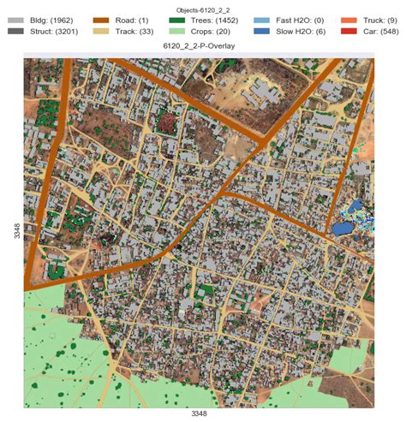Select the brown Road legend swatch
pyautogui.click(x=102, y=17)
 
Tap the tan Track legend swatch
pyautogui.click(x=102, y=31)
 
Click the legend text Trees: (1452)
pyautogui.click(x=219, y=17)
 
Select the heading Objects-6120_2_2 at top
pyautogui.click(x=202, y=5)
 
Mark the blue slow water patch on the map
pyautogui.click(x=342, y=229)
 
